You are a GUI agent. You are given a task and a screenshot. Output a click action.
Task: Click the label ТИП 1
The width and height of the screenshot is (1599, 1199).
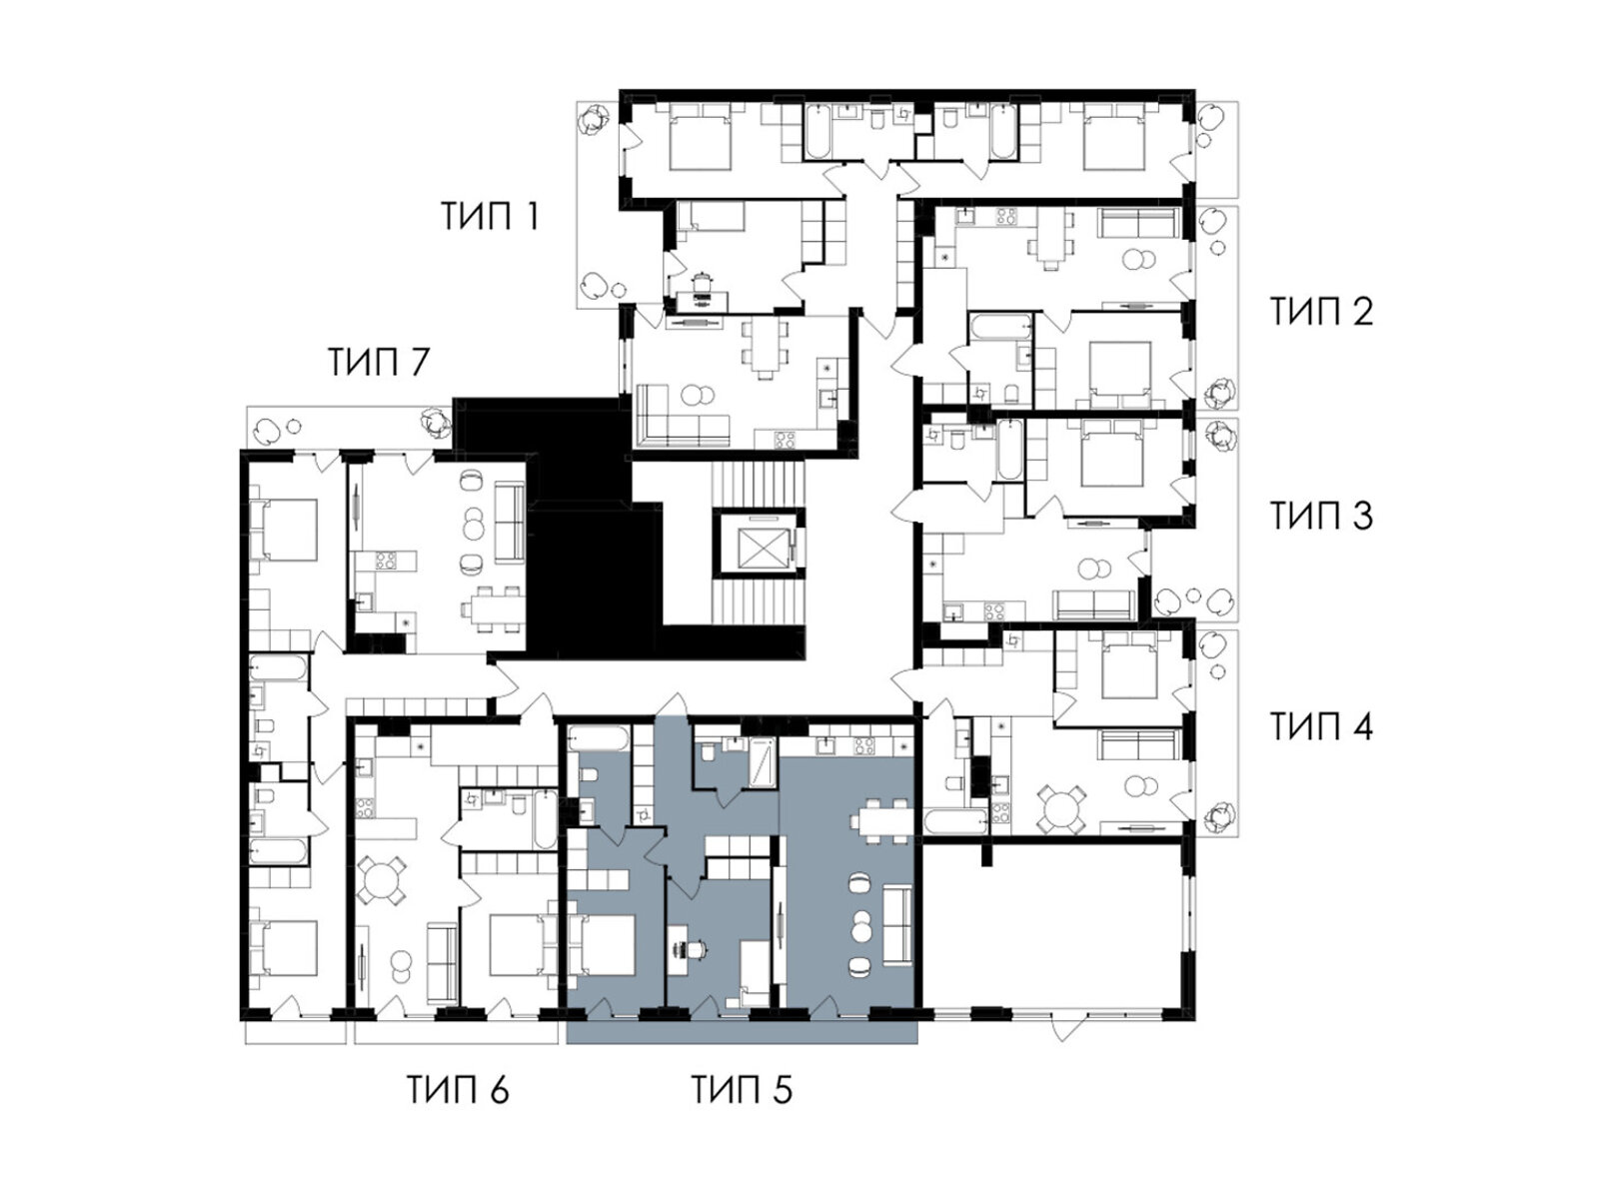point(490,216)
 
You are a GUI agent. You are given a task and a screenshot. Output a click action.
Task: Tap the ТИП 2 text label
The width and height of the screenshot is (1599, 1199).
point(1321,311)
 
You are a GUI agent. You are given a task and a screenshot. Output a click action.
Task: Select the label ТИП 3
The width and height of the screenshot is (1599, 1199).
point(1321,516)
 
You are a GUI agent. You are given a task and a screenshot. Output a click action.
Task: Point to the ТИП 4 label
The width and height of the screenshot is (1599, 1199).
point(1321,726)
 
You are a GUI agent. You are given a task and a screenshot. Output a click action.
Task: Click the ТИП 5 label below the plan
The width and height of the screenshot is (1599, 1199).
point(742,1090)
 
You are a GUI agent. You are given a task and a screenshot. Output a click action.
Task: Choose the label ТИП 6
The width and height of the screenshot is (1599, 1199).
point(458,1090)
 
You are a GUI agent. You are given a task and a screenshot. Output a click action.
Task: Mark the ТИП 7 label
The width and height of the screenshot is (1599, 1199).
point(379,362)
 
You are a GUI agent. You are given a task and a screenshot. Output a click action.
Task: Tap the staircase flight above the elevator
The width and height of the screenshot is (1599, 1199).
point(758,485)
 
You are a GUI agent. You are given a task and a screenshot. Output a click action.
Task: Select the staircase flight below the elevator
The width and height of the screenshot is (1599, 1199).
point(758,600)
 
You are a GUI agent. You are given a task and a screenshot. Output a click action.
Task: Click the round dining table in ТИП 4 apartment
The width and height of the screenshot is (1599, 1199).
point(1060,808)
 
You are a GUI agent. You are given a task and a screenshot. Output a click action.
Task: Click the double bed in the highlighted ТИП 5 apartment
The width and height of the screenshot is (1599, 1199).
point(603,944)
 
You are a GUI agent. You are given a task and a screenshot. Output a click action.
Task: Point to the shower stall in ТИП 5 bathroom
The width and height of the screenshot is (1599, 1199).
point(762,763)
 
